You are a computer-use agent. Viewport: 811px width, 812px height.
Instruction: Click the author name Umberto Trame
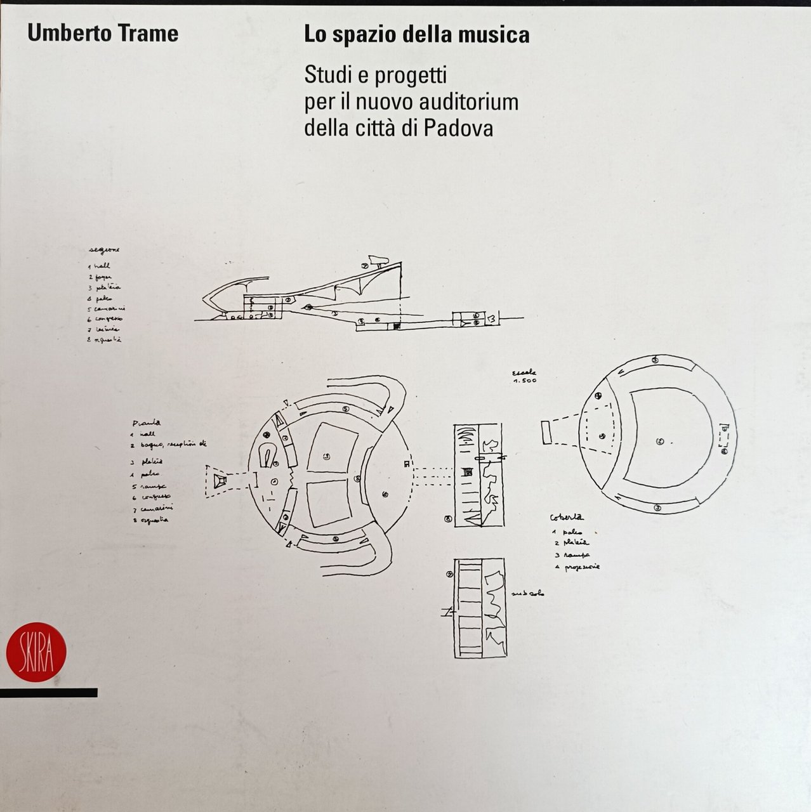pyautogui.click(x=103, y=34)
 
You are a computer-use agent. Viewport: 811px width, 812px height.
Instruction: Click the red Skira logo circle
pyautogui.click(x=36, y=652)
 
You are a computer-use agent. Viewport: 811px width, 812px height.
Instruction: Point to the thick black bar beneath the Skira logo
pyautogui.click(x=48, y=693)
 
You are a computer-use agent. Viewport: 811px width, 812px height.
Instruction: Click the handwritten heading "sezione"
pyautogui.click(x=105, y=250)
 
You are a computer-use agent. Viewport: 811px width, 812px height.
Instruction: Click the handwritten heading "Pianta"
pyautogui.click(x=146, y=422)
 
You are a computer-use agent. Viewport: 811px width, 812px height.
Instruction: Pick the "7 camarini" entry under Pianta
pyautogui.click(x=153, y=508)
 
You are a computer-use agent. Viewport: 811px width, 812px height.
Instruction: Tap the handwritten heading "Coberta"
pyautogui.click(x=568, y=518)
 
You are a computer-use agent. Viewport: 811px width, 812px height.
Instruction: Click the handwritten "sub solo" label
pyautogui.click(x=528, y=594)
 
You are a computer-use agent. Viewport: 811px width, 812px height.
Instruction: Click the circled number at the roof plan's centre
pyautogui.click(x=660, y=441)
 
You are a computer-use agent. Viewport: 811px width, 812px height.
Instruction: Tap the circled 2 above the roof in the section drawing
pyautogui.click(x=365, y=266)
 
